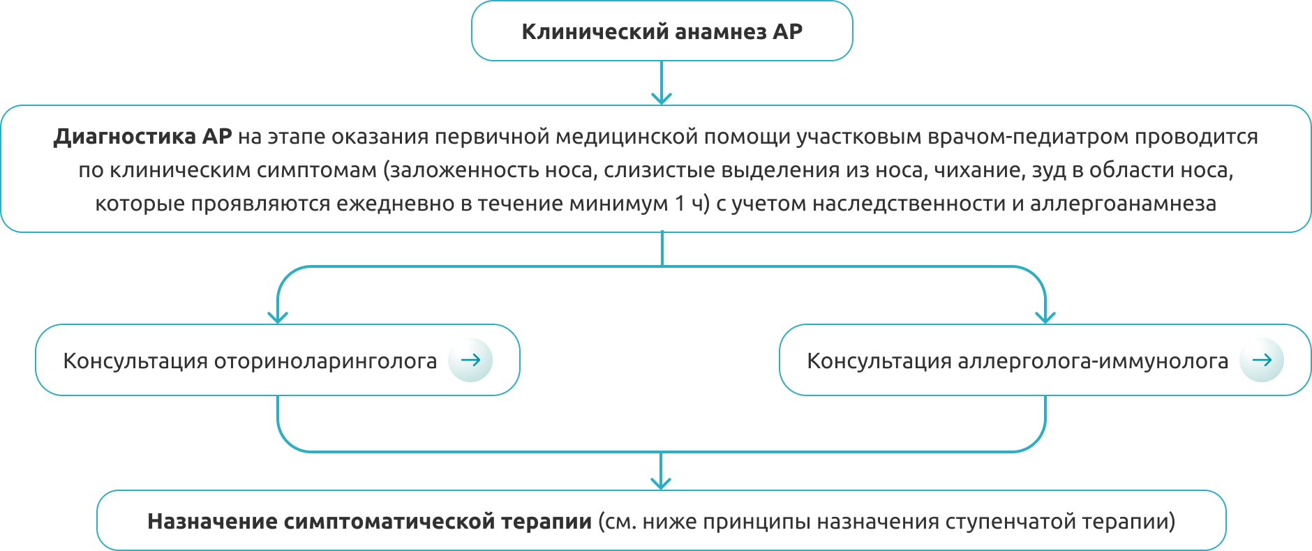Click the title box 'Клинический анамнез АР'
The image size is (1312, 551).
[x=662, y=31]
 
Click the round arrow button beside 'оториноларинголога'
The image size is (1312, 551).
[x=470, y=360]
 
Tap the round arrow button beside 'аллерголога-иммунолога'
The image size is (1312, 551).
[x=1261, y=360]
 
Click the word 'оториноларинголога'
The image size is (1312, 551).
[x=325, y=361]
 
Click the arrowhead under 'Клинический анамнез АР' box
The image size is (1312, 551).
[x=661, y=98]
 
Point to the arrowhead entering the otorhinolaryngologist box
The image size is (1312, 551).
[x=278, y=317]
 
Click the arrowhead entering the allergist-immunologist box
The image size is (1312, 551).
[x=1045, y=317]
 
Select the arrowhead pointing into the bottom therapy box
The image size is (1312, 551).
[x=661, y=483]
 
